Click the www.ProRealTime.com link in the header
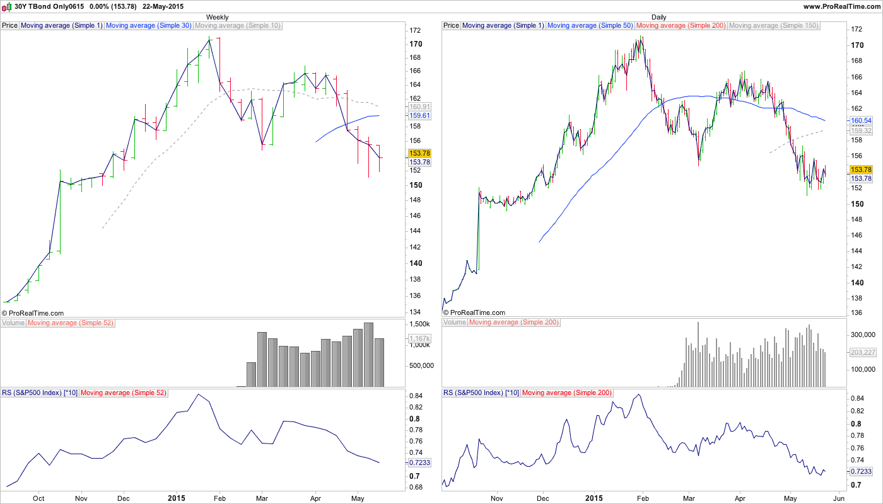pos(841,6)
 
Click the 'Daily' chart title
pos(659,17)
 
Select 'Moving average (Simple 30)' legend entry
pos(148,26)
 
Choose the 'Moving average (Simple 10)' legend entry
pos(238,26)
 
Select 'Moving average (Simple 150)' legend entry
pos(773,26)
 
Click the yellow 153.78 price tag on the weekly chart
pos(419,153)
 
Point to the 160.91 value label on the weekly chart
pos(419,107)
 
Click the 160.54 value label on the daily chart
pos(861,120)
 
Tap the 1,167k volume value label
pos(419,339)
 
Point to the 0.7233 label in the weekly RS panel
pos(419,462)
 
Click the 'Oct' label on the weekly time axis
pos(38,497)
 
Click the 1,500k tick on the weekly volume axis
pos(419,324)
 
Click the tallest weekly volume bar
pos(368,355)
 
